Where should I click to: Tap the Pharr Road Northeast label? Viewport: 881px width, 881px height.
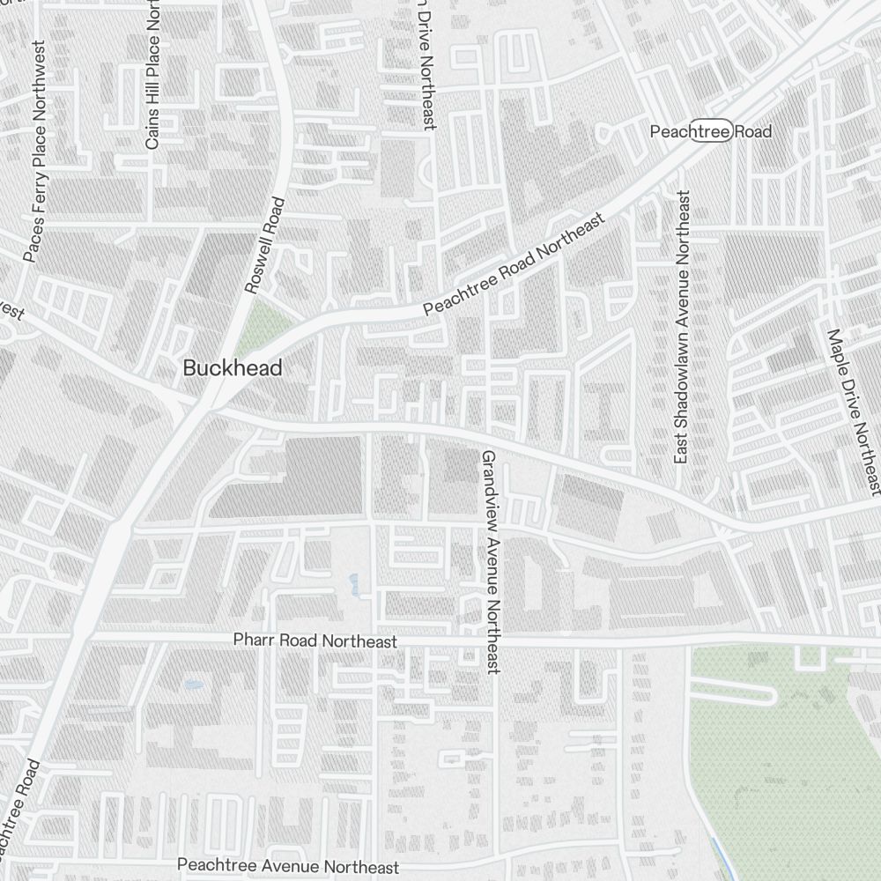[x=315, y=641]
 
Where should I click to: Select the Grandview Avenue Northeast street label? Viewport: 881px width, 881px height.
[x=491, y=562]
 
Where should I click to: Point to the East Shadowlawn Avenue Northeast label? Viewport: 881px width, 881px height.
[x=681, y=327]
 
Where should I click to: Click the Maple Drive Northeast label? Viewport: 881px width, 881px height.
[x=853, y=411]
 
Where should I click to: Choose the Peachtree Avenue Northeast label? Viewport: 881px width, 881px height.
[x=288, y=867]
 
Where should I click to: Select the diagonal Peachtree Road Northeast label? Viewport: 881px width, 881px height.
[x=515, y=264]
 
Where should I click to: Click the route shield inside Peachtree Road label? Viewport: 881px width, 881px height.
[x=710, y=131]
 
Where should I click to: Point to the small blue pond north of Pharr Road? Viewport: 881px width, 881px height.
[x=354, y=583]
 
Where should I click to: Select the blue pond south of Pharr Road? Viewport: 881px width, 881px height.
[x=193, y=683]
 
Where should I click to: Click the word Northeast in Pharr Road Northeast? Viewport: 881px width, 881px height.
[x=359, y=641]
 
